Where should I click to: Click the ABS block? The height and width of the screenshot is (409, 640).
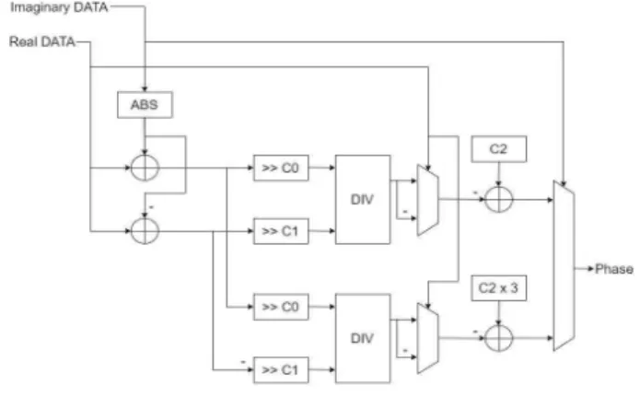pos(145,105)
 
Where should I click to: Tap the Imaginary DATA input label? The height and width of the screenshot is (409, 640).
pos(59,7)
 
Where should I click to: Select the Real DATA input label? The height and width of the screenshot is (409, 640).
pos(42,41)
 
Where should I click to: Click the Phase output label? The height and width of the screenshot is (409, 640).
pos(614,269)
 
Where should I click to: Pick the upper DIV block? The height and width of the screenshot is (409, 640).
pos(363,200)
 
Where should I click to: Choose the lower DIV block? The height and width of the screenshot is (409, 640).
pos(363,338)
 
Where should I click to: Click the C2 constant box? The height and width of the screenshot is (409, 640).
pos(499,149)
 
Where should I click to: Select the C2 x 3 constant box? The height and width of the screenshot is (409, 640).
pos(499,288)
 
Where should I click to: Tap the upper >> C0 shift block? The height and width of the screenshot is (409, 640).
pos(281,168)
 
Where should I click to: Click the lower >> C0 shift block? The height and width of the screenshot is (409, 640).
pos(281,307)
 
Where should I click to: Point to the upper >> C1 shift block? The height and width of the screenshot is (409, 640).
pos(281,231)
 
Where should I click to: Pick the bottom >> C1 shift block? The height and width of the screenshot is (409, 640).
pos(281,370)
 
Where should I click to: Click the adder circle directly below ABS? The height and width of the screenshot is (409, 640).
pos(145,168)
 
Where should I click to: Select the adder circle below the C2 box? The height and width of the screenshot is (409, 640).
pos(499,200)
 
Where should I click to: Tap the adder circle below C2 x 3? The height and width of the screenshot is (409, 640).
pos(499,338)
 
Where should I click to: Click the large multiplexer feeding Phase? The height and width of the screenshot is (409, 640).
pos(564,265)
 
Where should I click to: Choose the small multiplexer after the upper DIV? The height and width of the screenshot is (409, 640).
pos(428,200)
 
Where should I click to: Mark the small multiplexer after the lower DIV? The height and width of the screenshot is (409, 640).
pos(428,338)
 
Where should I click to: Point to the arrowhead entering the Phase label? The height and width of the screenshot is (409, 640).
pos(591,269)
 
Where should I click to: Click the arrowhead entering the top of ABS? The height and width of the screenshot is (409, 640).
pos(145,88)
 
